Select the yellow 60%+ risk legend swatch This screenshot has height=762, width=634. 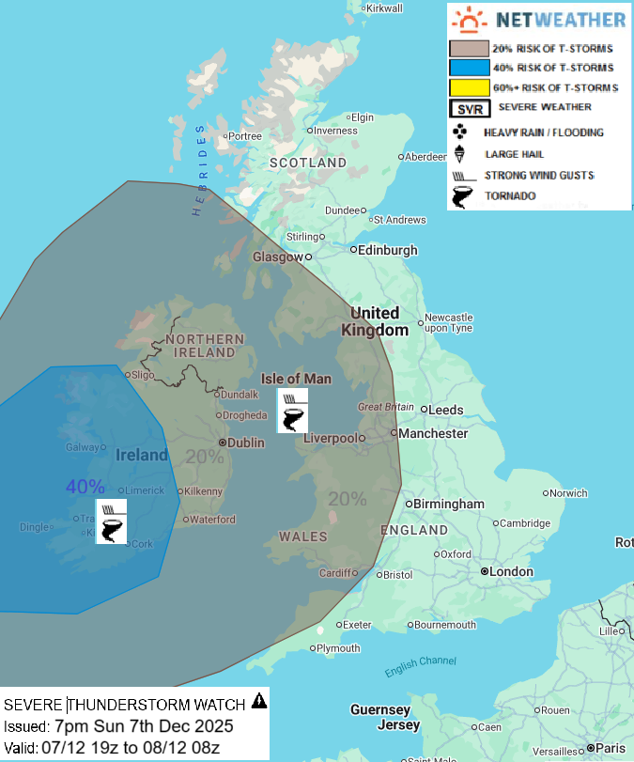[x=469, y=87]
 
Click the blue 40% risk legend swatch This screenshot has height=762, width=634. [x=469, y=68]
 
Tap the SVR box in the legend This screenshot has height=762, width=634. [x=469, y=108]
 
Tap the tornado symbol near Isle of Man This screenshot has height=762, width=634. [x=292, y=417]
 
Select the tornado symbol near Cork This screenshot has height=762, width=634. [x=111, y=528]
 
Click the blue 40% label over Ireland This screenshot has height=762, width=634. [x=85, y=487]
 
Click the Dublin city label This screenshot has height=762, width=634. [x=245, y=442]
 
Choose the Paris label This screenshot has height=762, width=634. [x=610, y=748]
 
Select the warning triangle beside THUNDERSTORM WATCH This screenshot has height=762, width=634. [x=259, y=701]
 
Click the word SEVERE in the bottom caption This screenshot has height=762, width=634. [x=33, y=705]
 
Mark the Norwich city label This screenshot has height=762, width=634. [x=568, y=492]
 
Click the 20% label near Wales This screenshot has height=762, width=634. [x=347, y=498]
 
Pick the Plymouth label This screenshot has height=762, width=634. [x=338, y=648]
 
